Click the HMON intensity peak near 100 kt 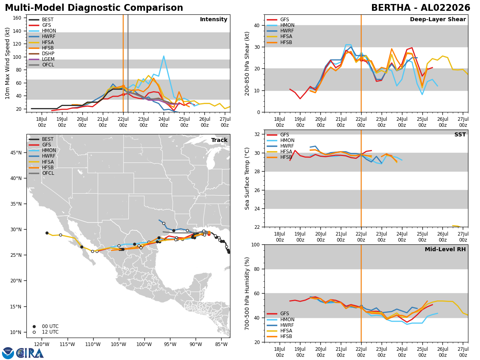click(x=164, y=56)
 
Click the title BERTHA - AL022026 click(x=420, y=8)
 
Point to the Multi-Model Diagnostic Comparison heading click(x=94, y=8)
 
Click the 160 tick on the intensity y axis click(x=17, y=18)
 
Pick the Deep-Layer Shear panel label click(x=438, y=19)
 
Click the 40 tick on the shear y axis click(x=257, y=25)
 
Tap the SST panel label click(x=460, y=134)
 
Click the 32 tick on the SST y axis click(x=257, y=134)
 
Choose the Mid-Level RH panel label click(x=445, y=249)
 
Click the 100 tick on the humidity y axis click(x=256, y=244)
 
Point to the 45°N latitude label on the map click(x=16, y=152)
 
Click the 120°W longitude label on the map click(x=42, y=344)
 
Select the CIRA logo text click(x=30, y=353)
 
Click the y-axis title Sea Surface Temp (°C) click(x=247, y=179)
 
